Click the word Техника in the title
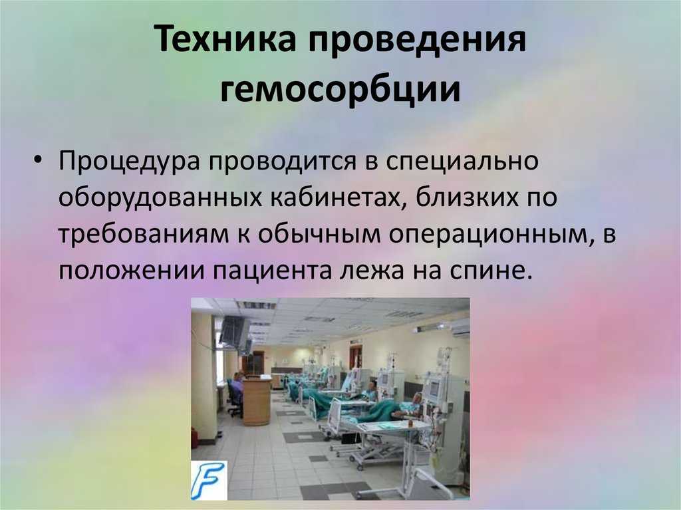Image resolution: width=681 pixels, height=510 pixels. [x=226, y=39]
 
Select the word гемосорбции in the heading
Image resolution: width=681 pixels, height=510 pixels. [x=340, y=90]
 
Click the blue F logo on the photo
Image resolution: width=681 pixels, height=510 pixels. [x=209, y=479]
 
